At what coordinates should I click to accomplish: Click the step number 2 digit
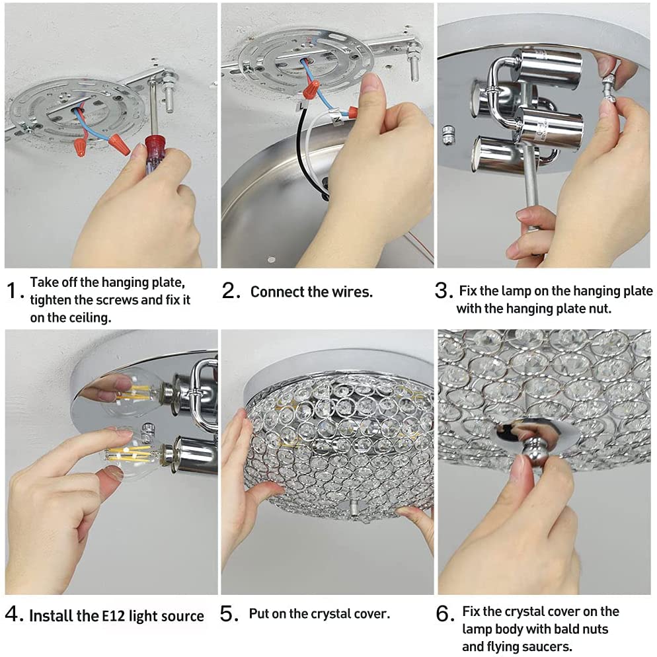tap(229, 290)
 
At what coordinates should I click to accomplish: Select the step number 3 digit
tap(442, 290)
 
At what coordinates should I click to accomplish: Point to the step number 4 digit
tap(11, 614)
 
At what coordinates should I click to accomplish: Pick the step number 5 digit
tap(227, 614)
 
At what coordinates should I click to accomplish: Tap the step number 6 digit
tap(443, 614)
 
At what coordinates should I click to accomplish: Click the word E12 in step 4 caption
tap(114, 616)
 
